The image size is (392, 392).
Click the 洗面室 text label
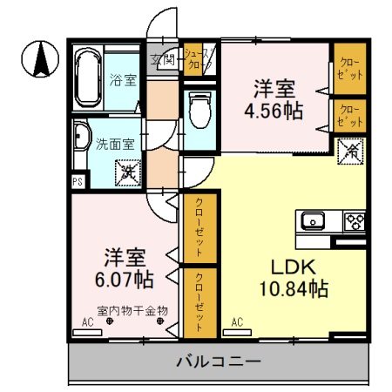click(x=113, y=145)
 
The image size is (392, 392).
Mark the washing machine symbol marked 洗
click(x=128, y=173)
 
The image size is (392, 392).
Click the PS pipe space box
click(x=78, y=181)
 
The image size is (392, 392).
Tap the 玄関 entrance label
click(x=164, y=59)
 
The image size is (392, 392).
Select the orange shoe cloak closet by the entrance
click(x=197, y=59)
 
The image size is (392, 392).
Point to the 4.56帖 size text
click(x=274, y=112)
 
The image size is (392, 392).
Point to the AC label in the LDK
click(x=236, y=322)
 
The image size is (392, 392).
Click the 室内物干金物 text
click(x=132, y=309)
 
